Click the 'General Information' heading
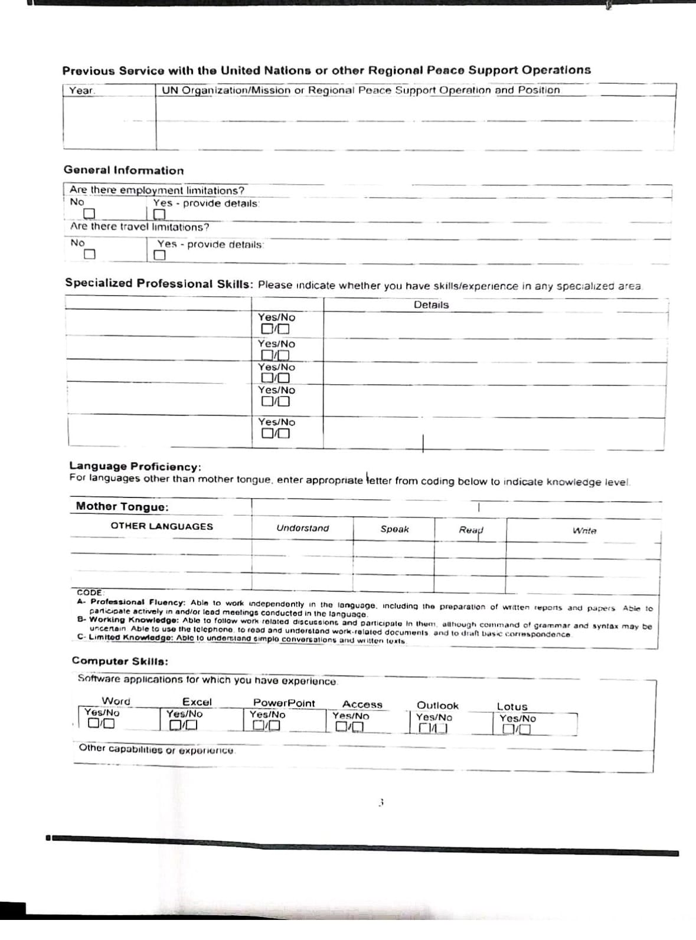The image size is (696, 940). pos(123,171)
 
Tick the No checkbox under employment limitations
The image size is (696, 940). pos(89,214)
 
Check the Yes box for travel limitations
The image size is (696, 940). pos(159,255)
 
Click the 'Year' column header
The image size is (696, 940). pos(81,90)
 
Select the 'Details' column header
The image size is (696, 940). pos(431,305)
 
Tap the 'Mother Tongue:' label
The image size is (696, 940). pos(122,507)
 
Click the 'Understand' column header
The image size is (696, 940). pos(302,528)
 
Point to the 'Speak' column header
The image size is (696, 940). pos(394,529)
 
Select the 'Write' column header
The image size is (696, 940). pos(584,531)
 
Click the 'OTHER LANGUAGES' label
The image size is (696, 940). pos(162,526)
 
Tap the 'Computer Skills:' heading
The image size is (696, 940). pos(120,661)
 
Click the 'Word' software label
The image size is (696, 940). pos(116,701)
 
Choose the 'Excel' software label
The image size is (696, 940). pos(197,702)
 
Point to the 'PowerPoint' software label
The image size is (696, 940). pos(284,703)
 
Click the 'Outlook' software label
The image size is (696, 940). pos(437,706)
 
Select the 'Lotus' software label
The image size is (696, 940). pos(512,707)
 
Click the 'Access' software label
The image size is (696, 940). pos(362,705)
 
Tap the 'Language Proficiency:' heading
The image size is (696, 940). pos(135,467)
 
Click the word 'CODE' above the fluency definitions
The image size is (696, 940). pos(90,592)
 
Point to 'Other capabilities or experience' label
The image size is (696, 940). pos(157,749)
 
